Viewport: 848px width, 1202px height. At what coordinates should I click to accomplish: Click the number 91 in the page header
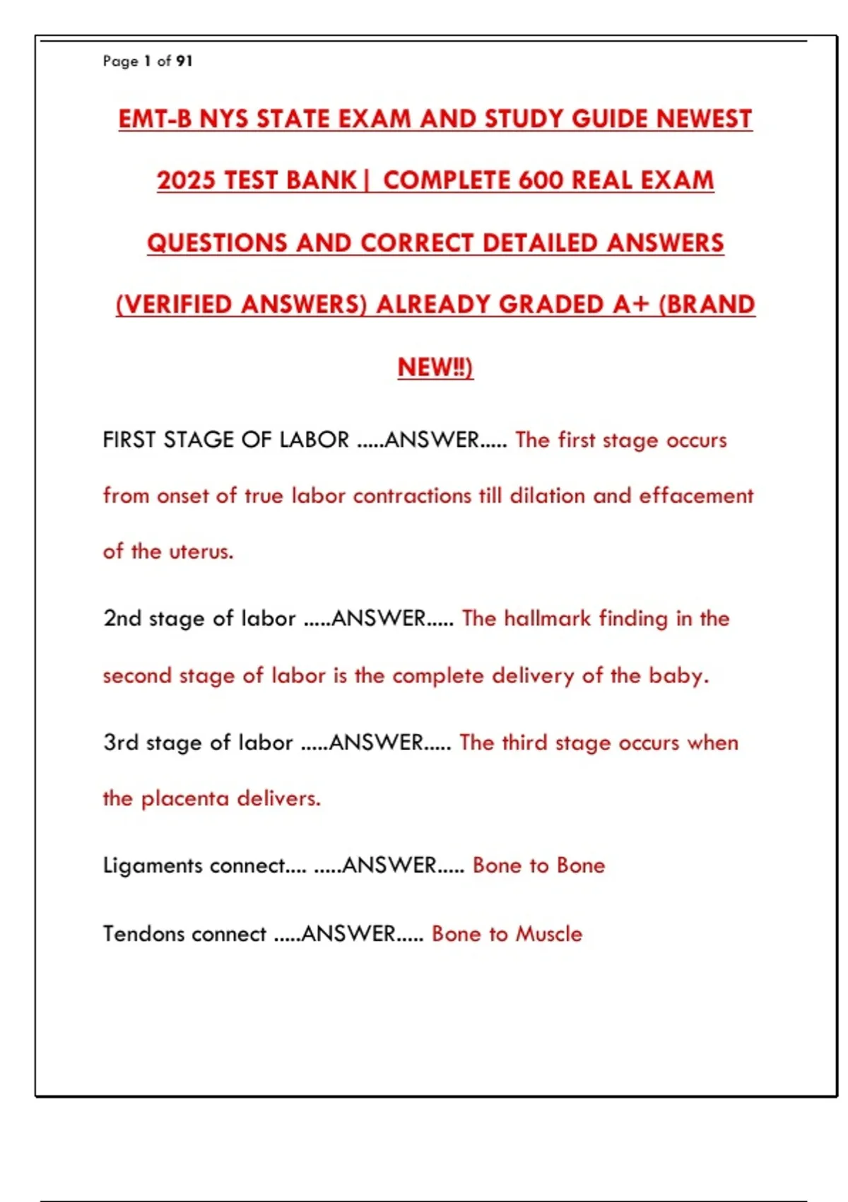click(184, 62)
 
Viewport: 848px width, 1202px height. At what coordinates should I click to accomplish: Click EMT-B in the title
click(155, 119)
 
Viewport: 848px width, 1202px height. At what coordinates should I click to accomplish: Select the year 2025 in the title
click(186, 180)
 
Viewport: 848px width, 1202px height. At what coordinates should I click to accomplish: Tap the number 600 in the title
click(541, 180)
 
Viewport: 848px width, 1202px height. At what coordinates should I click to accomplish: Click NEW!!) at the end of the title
click(435, 367)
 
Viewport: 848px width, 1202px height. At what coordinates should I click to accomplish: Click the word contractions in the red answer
click(412, 496)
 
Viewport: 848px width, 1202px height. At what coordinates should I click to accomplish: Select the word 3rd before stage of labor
click(121, 742)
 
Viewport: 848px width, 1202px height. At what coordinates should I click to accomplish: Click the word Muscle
click(549, 934)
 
